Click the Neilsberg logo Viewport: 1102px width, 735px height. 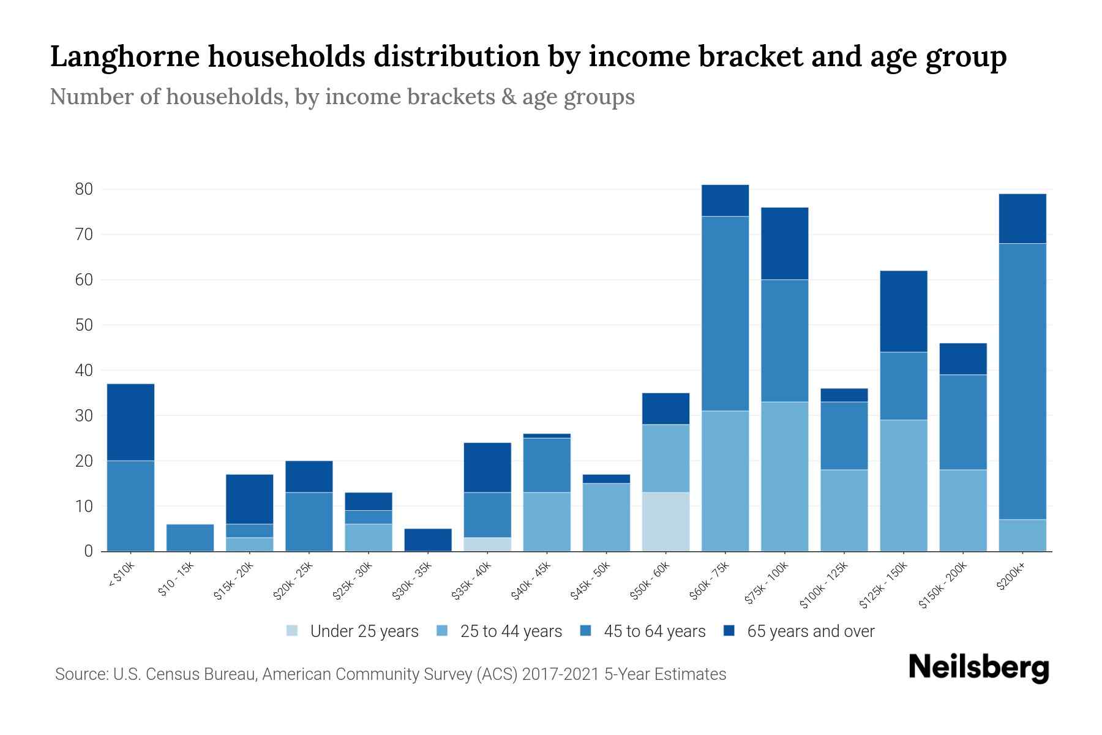[978, 668]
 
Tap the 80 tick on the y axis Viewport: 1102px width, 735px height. [84, 189]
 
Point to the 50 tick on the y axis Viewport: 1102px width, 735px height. [84, 325]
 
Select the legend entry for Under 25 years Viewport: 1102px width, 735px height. [353, 631]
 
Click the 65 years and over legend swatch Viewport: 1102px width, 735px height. [729, 631]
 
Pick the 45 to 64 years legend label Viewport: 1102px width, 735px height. [654, 631]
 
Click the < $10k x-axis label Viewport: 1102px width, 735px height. [121, 575]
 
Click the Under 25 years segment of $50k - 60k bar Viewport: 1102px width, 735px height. [665, 521]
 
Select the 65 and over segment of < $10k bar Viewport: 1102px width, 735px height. [130, 422]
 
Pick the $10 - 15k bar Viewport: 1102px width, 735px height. [190, 538]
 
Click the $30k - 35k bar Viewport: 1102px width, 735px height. [428, 540]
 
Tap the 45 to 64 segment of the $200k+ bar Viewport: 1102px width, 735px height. [1022, 381]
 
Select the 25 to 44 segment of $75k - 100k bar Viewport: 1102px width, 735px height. [784, 477]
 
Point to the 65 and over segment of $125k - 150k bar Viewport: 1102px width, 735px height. [903, 311]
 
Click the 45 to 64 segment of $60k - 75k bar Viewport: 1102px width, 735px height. [725, 314]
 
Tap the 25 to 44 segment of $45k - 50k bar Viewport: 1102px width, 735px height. [606, 517]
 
